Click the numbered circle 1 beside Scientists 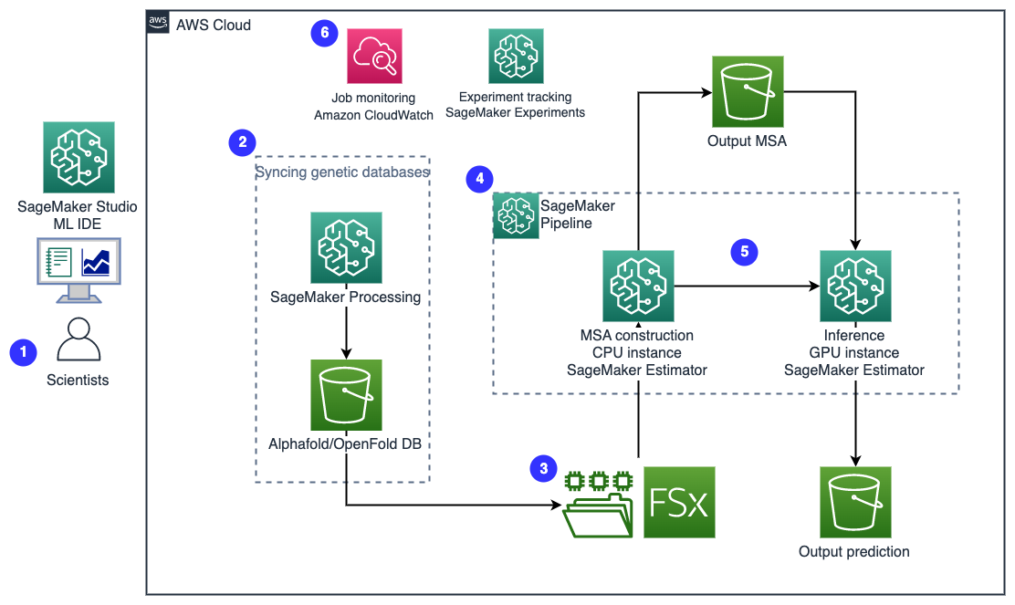click(24, 352)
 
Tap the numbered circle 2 click(242, 142)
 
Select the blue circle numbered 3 click(544, 468)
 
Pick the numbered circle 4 click(480, 179)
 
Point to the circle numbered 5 click(745, 252)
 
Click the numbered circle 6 click(324, 32)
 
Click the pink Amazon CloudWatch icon click(374, 57)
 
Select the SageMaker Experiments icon click(516, 57)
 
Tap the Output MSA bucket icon click(748, 91)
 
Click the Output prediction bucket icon click(855, 502)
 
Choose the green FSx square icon click(679, 502)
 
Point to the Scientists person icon click(78, 339)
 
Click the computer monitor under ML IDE click(79, 270)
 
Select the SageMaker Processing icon click(346, 248)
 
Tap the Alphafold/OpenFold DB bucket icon click(346, 395)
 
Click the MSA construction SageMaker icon click(638, 286)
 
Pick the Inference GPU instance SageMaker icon click(855, 286)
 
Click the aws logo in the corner click(158, 22)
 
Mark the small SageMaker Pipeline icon click(516, 215)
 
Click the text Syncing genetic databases click(342, 172)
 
